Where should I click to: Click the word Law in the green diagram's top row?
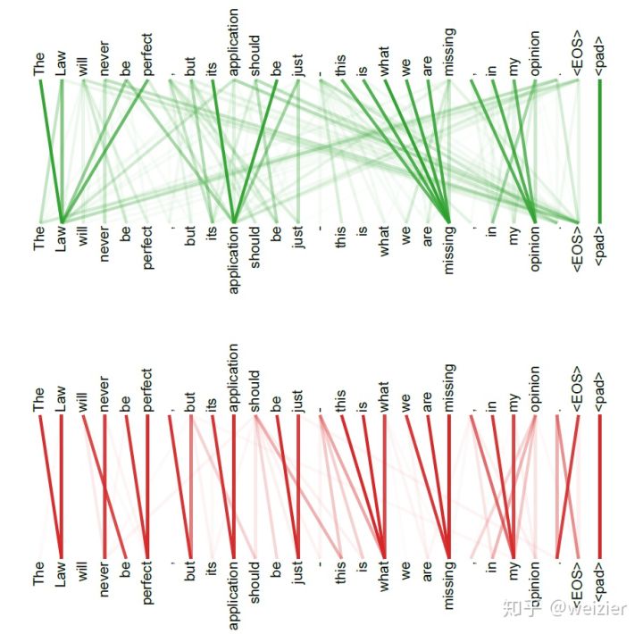coord(62,65)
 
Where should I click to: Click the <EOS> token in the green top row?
coord(577,54)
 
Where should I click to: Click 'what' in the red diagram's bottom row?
coord(384,581)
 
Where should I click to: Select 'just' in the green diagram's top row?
coord(298,67)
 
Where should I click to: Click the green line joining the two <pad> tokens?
coord(599,152)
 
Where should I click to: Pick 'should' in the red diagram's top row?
coord(255,391)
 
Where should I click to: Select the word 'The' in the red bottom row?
coord(39,577)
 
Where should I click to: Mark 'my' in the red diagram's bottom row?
coord(514,577)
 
